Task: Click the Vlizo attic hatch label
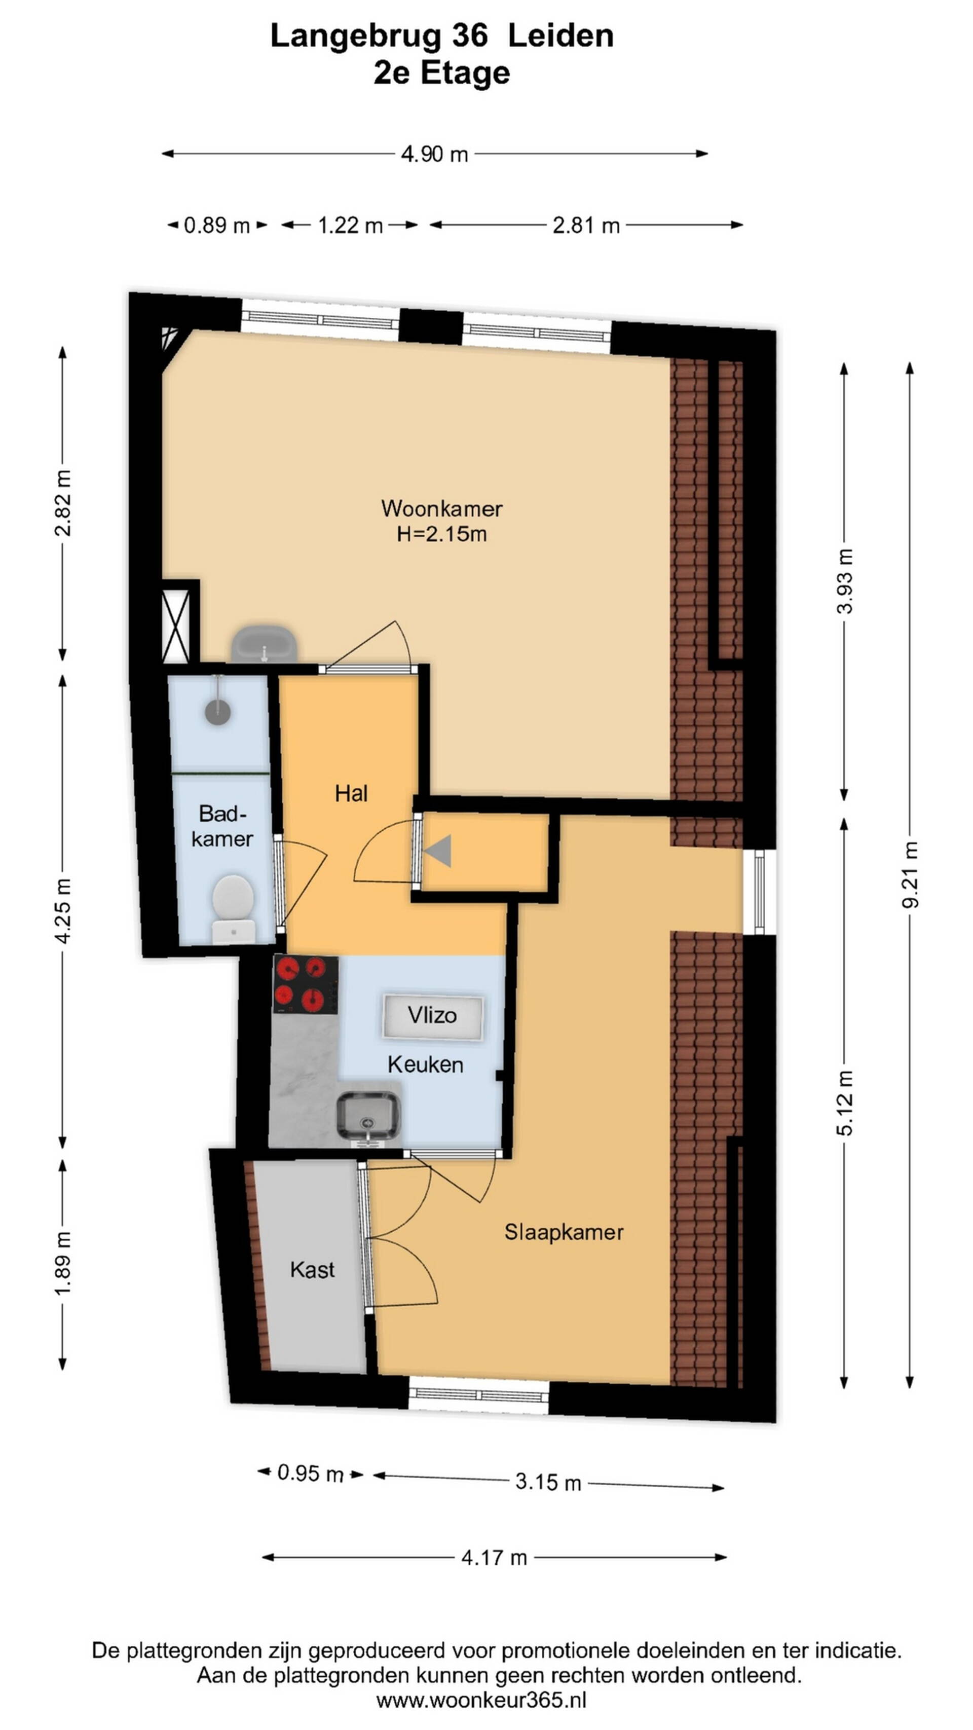coord(432,1015)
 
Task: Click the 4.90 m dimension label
coord(434,155)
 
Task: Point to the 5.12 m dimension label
coord(844,1103)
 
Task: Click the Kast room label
coord(312,1269)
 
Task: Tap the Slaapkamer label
coord(564,1232)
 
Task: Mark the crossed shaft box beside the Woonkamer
coord(176,626)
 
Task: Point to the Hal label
coord(351,793)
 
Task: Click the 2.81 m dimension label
coord(585,226)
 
